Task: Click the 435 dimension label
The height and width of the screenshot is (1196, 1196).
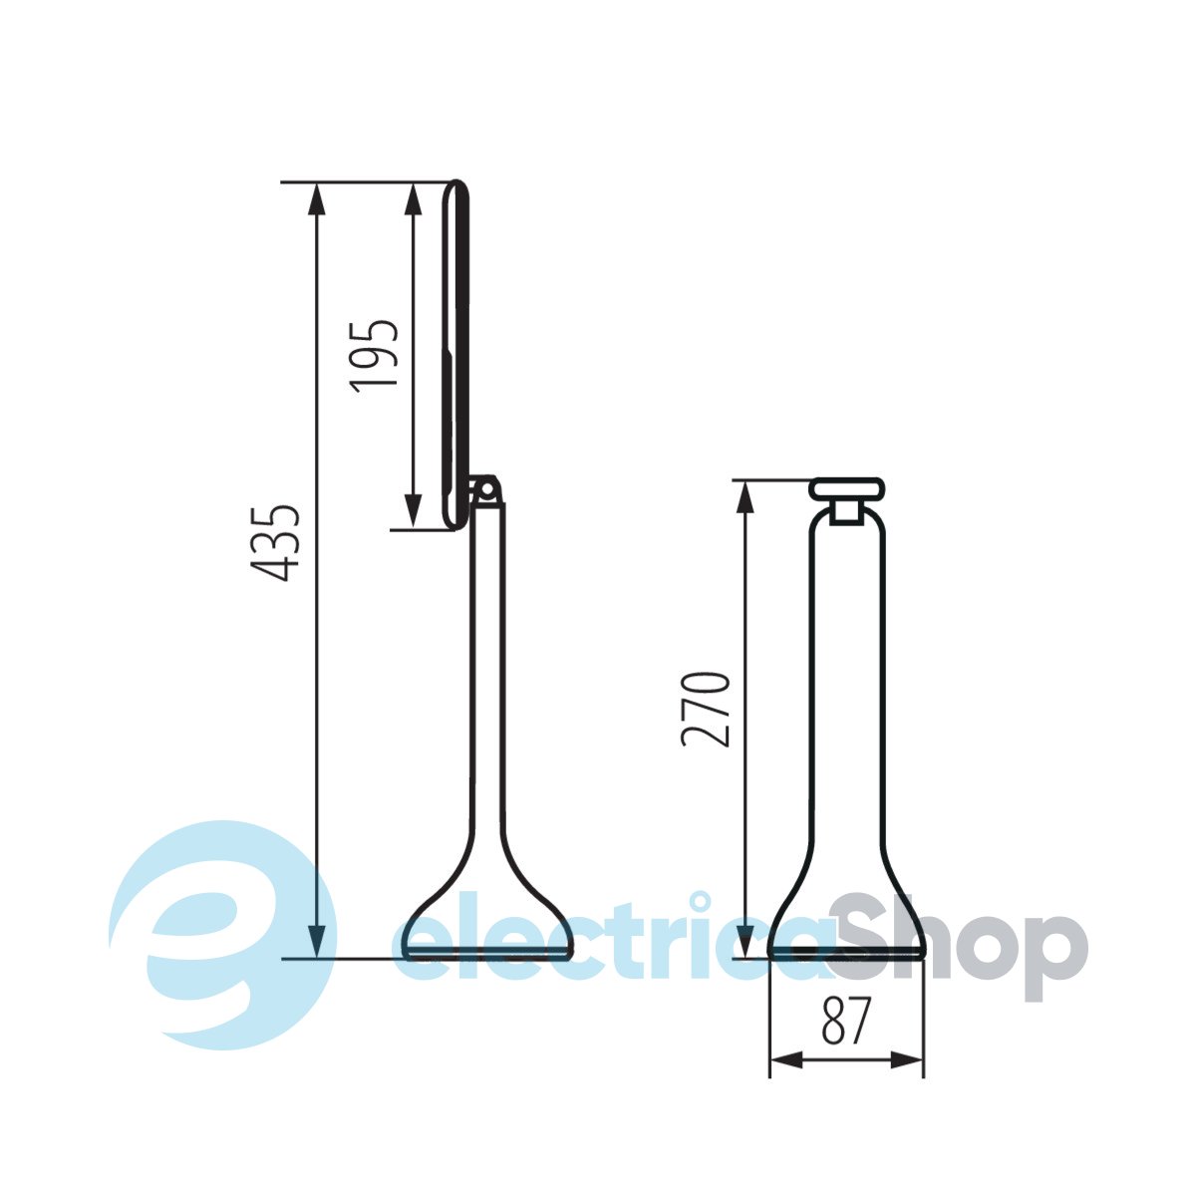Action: (x=274, y=543)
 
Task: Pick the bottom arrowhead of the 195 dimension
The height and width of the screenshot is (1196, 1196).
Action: (x=413, y=512)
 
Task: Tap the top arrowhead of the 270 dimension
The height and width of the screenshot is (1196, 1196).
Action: (x=745, y=496)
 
